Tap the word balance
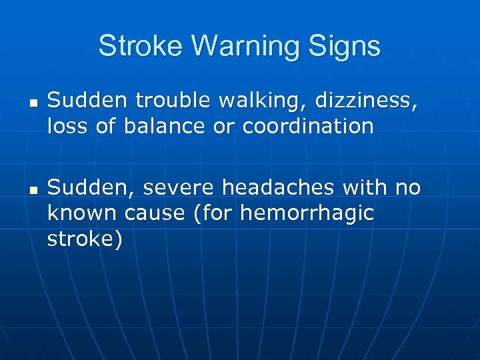169,126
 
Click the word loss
66,126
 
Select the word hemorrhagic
307,214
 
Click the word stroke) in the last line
85,239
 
